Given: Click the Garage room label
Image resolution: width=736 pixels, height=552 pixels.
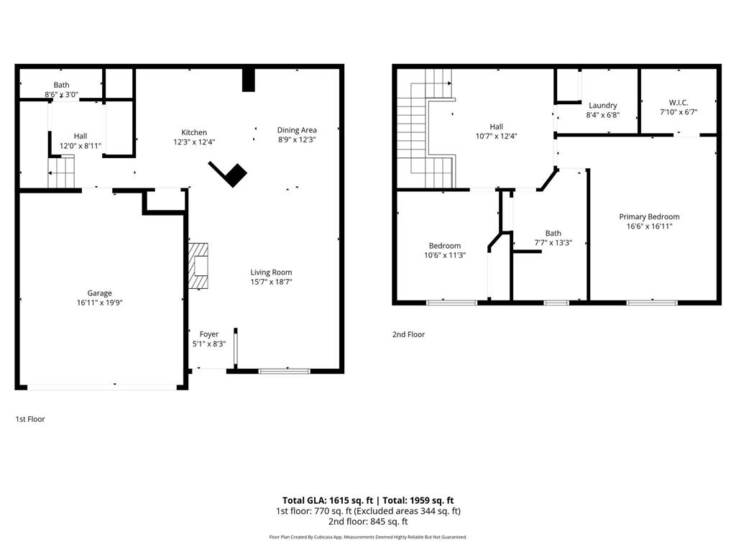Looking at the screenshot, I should tap(99, 293).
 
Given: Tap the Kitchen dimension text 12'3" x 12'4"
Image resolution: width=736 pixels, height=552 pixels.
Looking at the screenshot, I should tap(194, 142).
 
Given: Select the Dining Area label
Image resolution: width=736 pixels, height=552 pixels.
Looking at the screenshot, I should tap(297, 130).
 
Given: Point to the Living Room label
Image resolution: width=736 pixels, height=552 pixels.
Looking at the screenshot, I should tap(271, 272).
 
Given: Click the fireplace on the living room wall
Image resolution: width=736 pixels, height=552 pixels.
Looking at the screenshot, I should tap(198, 265).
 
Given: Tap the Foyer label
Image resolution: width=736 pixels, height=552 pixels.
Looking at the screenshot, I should tap(209, 334).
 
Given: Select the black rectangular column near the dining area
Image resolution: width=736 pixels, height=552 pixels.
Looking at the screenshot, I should tap(249, 79).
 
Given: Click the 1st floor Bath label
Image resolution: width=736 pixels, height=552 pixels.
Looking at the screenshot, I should tap(61, 85).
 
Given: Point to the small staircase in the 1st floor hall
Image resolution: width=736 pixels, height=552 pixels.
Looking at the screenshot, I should tap(61, 172).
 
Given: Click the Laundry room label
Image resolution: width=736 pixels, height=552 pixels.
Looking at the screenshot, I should tap(602, 106).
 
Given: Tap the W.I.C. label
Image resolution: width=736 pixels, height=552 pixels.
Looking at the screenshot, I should tap(678, 103).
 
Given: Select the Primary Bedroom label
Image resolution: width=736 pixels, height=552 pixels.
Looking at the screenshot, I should tap(649, 217).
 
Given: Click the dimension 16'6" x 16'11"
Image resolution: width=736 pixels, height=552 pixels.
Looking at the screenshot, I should tap(649, 226).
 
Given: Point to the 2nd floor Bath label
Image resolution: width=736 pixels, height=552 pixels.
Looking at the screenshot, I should tap(553, 233).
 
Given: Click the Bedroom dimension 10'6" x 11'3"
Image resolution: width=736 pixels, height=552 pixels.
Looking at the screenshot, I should tap(444, 255).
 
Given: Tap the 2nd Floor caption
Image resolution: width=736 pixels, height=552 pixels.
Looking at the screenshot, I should tap(408, 334).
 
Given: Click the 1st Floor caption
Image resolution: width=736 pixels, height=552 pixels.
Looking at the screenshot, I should tap(30, 419).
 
